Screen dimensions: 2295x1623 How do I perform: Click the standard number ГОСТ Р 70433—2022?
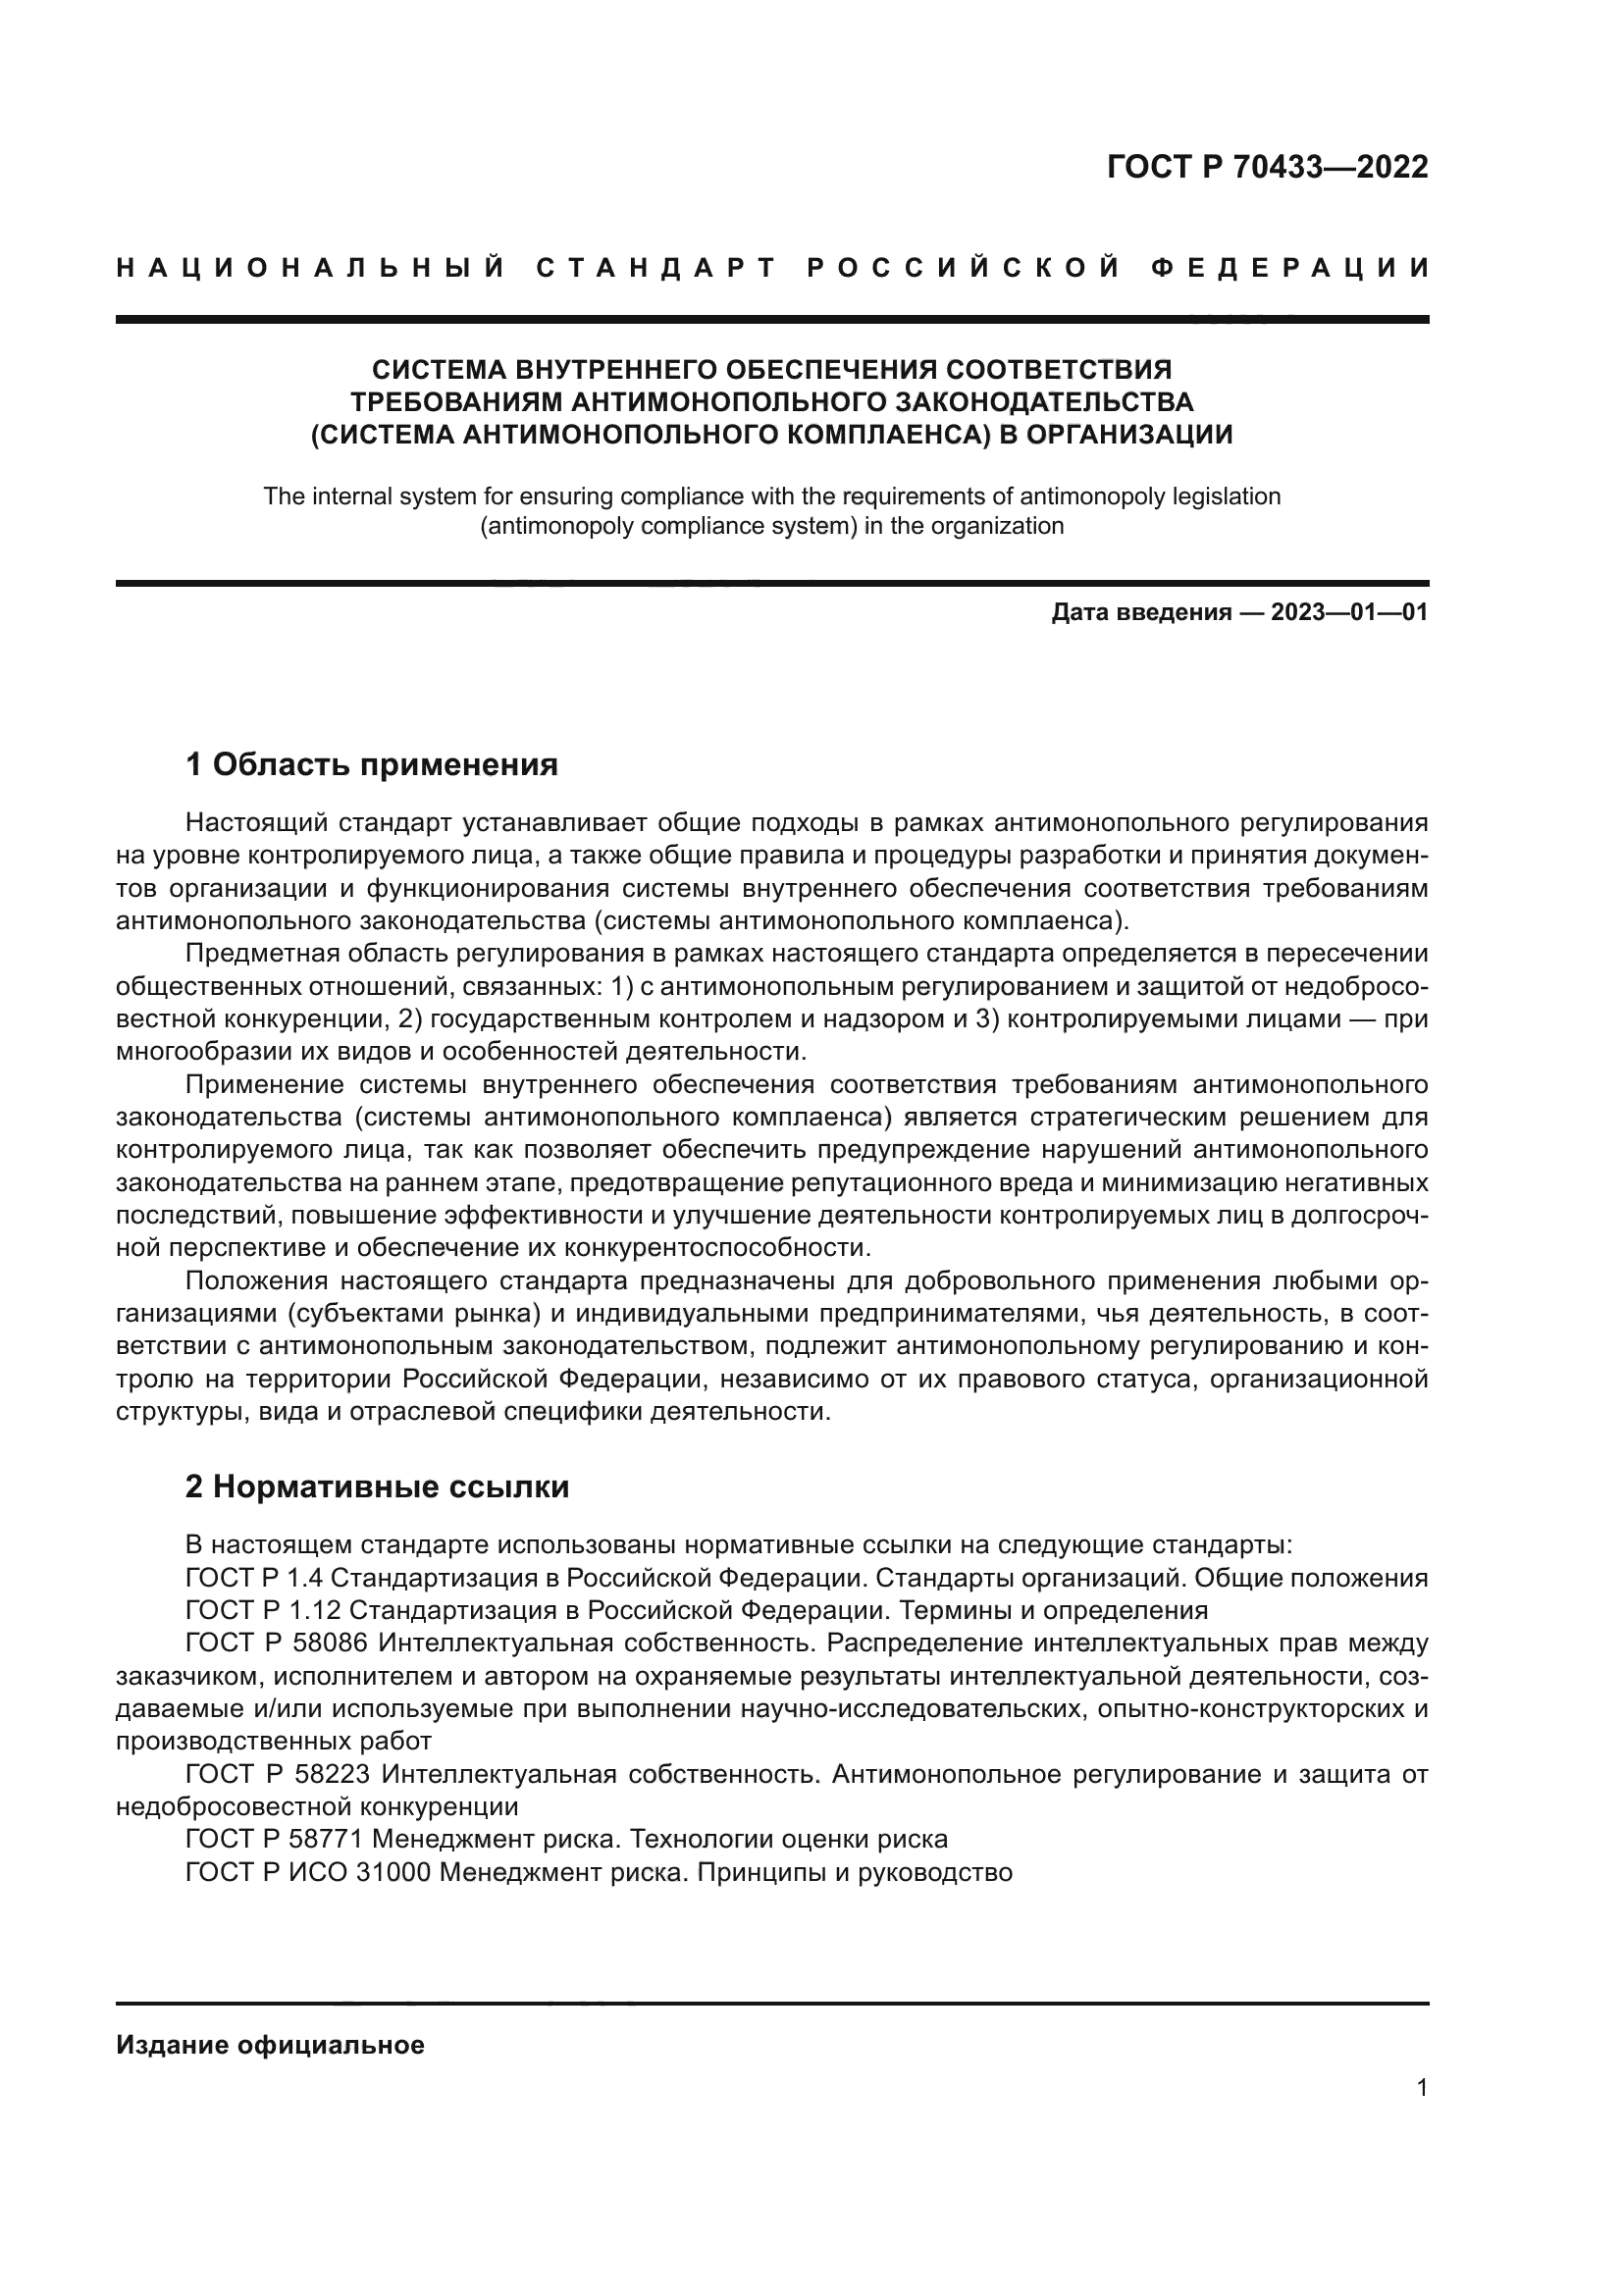(1267, 167)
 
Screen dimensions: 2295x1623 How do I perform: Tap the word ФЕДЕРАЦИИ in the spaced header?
(1290, 268)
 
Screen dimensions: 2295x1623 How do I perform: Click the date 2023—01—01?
(1349, 612)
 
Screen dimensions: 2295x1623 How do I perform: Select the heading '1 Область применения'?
(371, 764)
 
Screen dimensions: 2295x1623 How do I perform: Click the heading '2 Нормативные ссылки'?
(377, 1487)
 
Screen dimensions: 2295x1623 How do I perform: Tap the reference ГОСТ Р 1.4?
(254, 1579)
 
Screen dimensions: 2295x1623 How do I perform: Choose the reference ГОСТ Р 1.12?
(262, 1610)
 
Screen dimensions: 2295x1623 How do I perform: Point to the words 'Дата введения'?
(1140, 612)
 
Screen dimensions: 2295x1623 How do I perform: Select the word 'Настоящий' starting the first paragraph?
(257, 822)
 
